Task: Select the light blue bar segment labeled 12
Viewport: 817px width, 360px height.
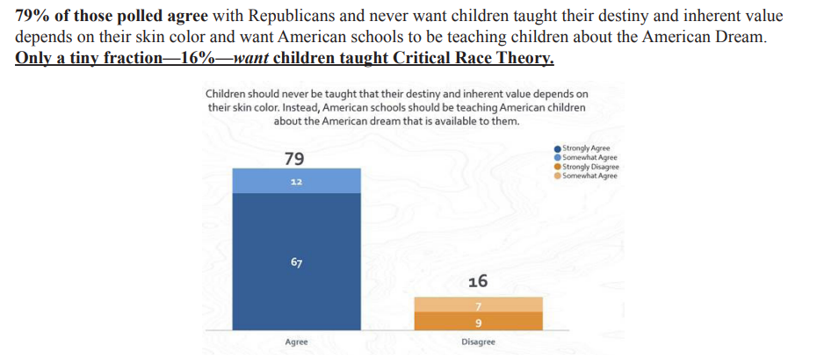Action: (296, 181)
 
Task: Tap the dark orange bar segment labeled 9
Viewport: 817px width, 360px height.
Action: (478, 321)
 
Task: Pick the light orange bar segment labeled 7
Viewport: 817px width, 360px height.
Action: (478, 305)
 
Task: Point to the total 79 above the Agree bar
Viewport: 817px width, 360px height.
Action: (295, 158)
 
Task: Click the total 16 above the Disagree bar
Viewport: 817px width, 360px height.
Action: (478, 281)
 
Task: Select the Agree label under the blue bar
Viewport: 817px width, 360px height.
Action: (296, 342)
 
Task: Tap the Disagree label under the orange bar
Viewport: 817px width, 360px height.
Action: (478, 342)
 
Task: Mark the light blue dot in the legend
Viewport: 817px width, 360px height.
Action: (558, 158)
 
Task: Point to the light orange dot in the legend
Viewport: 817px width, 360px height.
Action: (558, 176)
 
